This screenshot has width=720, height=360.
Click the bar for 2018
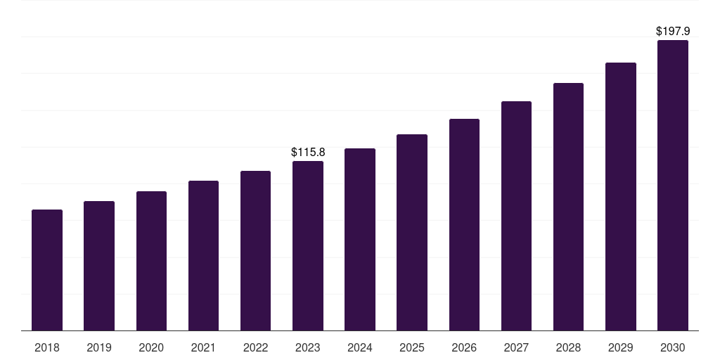(47, 270)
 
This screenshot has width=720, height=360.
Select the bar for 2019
(99, 266)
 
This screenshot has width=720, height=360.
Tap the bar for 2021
(203, 256)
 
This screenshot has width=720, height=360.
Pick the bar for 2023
(308, 246)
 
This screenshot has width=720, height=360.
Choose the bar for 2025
(412, 233)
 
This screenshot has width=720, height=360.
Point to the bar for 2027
(516, 216)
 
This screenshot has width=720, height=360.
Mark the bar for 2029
(621, 197)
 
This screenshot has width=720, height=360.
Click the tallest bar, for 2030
(673, 186)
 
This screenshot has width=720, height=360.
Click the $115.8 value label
(308, 152)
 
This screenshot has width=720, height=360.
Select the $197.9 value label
(673, 32)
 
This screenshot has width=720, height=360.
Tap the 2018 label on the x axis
(47, 347)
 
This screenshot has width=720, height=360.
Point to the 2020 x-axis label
(151, 347)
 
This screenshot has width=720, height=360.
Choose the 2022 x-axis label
(255, 347)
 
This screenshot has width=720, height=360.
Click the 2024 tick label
(360, 347)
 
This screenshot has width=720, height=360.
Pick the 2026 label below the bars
(464, 347)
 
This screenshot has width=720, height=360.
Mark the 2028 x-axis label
(568, 347)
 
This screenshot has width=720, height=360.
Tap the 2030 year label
(673, 347)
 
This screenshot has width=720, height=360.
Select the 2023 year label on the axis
(308, 347)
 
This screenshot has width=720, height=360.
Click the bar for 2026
(464, 225)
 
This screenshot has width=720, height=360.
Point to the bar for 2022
(255, 251)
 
